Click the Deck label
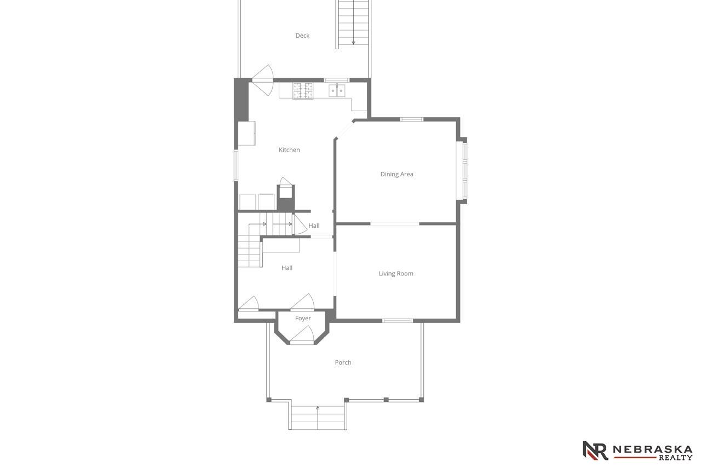pyautogui.click(x=302, y=36)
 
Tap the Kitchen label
pyautogui.click(x=289, y=150)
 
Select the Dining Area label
pyautogui.click(x=397, y=174)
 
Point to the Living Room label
pyautogui.click(x=396, y=274)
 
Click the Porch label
pyautogui.click(x=343, y=362)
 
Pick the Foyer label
pyautogui.click(x=303, y=318)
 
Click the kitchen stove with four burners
pyautogui.click(x=303, y=91)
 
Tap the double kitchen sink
pyautogui.click(x=337, y=91)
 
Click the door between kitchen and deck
pyautogui.click(x=263, y=80)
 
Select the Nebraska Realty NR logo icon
pyautogui.click(x=595, y=451)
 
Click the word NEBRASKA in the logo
pyautogui.click(x=652, y=449)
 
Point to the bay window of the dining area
pyautogui.click(x=463, y=171)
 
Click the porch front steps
pyautogui.click(x=318, y=418)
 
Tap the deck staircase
pyautogui.click(x=353, y=25)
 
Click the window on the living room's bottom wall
pyautogui.click(x=398, y=321)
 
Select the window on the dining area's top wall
pyautogui.click(x=412, y=119)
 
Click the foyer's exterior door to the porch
pyautogui.click(x=302, y=336)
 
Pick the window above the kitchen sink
pyautogui.click(x=336, y=80)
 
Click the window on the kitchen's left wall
pyautogui.click(x=236, y=165)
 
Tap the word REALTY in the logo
pyautogui.click(x=676, y=458)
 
